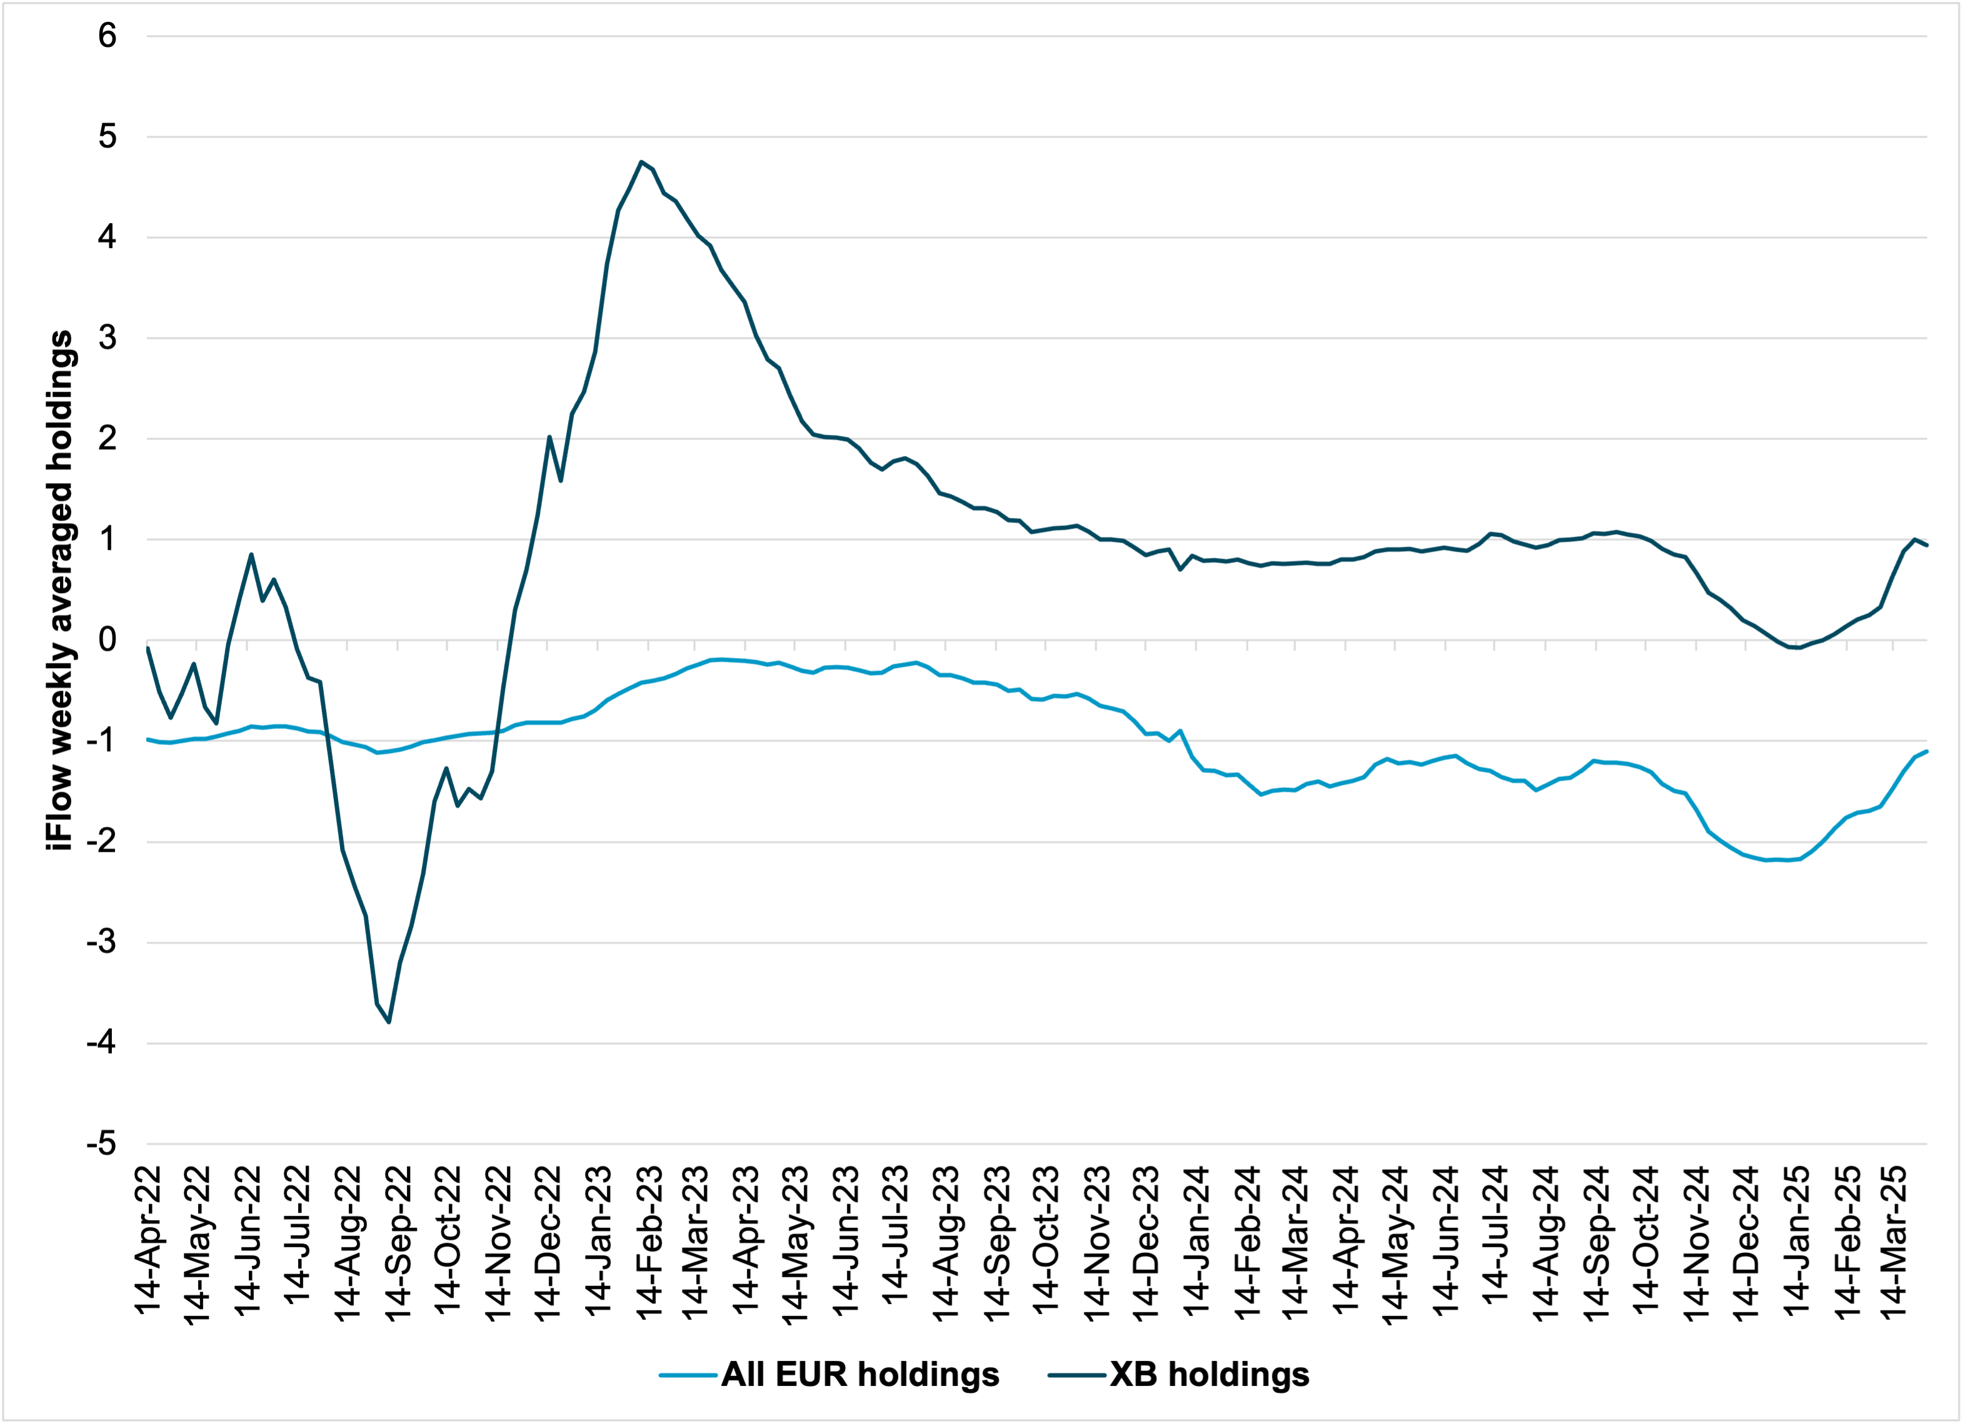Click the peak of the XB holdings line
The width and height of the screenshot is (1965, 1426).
tap(640, 161)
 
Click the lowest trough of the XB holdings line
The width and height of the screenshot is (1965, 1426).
tap(389, 1022)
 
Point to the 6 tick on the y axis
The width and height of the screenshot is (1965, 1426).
tap(107, 36)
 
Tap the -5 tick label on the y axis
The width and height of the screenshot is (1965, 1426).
tap(101, 1144)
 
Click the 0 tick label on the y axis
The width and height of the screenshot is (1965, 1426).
tap(107, 641)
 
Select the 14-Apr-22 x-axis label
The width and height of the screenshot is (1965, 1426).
tap(149, 1243)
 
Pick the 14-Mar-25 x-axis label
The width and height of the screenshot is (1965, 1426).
tap(1896, 1243)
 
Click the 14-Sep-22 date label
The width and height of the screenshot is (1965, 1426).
tap(399, 1243)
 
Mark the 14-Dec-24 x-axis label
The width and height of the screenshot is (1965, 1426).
tap(1745, 1243)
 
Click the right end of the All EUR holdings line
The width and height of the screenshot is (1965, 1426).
tap(1926, 751)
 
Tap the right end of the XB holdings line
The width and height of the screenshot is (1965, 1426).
tap(1926, 545)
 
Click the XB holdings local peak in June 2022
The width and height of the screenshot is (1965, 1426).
tap(251, 554)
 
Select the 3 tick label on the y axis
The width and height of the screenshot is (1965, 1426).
tap(107, 338)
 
